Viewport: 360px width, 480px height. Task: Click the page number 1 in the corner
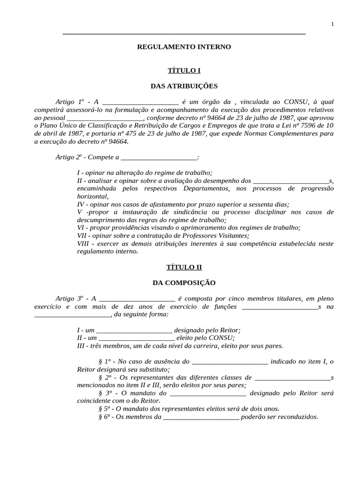(332, 25)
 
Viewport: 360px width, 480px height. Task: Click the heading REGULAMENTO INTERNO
(184, 47)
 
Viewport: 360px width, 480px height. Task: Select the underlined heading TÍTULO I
(184, 70)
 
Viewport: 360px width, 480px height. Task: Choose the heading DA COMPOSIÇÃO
(184, 283)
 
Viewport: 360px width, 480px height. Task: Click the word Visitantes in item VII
(233, 235)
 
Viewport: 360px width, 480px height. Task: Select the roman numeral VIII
(83, 243)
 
